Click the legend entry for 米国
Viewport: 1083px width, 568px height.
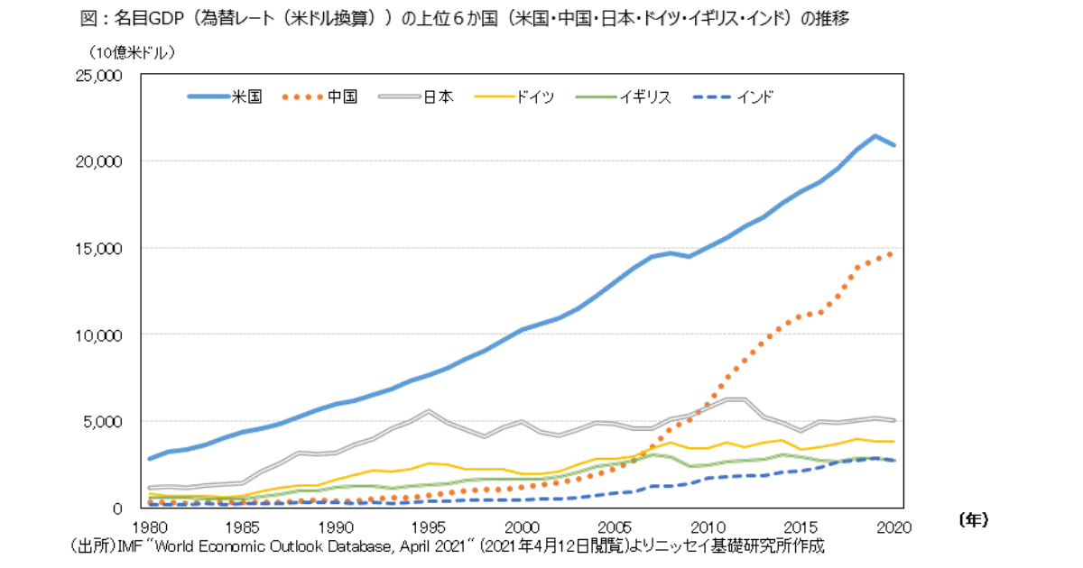[x=245, y=97]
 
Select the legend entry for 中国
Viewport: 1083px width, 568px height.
[x=342, y=97]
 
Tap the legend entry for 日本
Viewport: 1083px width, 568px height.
[x=438, y=97]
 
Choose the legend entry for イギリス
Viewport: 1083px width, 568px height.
[x=644, y=97]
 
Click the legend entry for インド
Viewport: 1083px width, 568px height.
[x=754, y=97]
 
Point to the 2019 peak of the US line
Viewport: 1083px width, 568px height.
[x=875, y=136]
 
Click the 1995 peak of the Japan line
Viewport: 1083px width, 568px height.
[x=429, y=411]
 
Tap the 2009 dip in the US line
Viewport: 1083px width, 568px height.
[x=690, y=256]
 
